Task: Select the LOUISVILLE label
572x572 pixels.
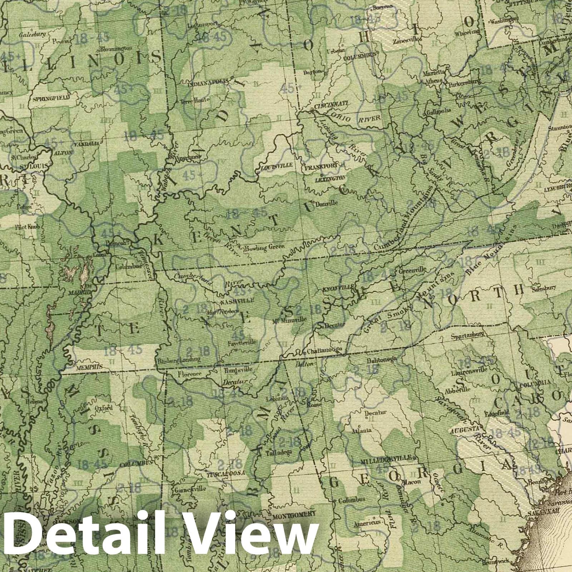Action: click(x=277, y=166)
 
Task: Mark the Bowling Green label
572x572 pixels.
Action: click(x=264, y=247)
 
